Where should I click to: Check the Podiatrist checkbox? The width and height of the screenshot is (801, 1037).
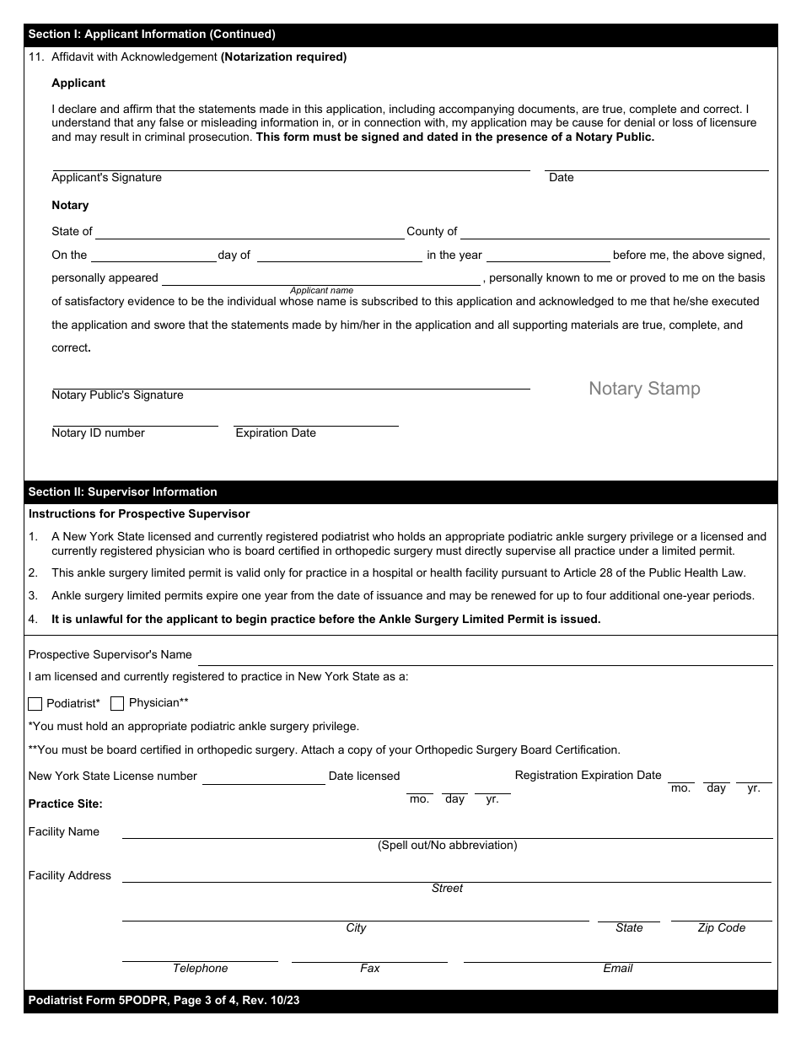coord(35,704)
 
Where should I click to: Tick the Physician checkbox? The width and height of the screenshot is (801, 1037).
coord(117,703)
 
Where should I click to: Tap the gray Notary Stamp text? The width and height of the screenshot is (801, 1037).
coord(644,389)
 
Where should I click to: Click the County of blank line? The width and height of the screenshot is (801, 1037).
coord(615,232)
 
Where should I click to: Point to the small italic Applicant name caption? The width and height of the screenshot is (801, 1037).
coord(321,291)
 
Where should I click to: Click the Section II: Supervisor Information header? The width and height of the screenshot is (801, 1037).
coord(123,492)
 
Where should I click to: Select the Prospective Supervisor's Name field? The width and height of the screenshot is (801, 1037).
coord(485,658)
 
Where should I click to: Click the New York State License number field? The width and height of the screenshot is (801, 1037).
coord(263,777)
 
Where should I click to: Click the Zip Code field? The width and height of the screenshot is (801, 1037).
coord(721,915)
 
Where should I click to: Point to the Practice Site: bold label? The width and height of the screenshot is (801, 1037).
coord(66,804)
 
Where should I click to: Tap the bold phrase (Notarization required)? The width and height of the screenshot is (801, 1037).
coord(283,57)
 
